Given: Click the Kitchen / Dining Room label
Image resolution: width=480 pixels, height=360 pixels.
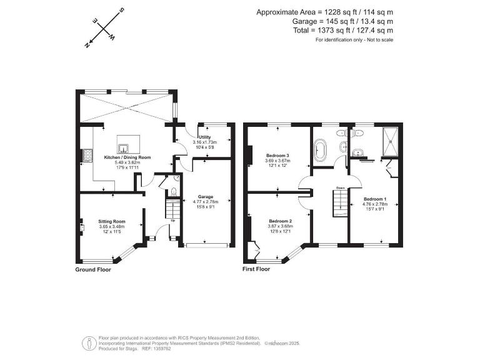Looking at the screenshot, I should tap(127, 157).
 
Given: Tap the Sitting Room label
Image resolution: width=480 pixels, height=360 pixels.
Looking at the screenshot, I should tap(112, 221).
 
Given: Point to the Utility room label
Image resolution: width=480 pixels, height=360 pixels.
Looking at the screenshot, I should tap(205, 137).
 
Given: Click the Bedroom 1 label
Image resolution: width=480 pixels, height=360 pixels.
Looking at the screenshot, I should tap(376, 199).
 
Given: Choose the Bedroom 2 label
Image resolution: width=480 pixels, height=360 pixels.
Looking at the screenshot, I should tap(281, 221).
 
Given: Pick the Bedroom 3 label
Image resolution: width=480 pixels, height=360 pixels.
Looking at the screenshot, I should tap(277, 155).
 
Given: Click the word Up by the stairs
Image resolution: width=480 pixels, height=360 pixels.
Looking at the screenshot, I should tap(172, 221).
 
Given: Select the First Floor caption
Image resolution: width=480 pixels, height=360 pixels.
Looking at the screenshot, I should tap(256, 269).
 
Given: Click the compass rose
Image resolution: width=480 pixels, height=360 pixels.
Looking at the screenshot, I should tap(103, 29).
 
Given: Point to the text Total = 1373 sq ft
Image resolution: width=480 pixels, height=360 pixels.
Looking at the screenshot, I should tap(343, 30).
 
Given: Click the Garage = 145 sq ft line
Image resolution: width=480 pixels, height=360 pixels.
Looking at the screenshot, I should tap(343, 21).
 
